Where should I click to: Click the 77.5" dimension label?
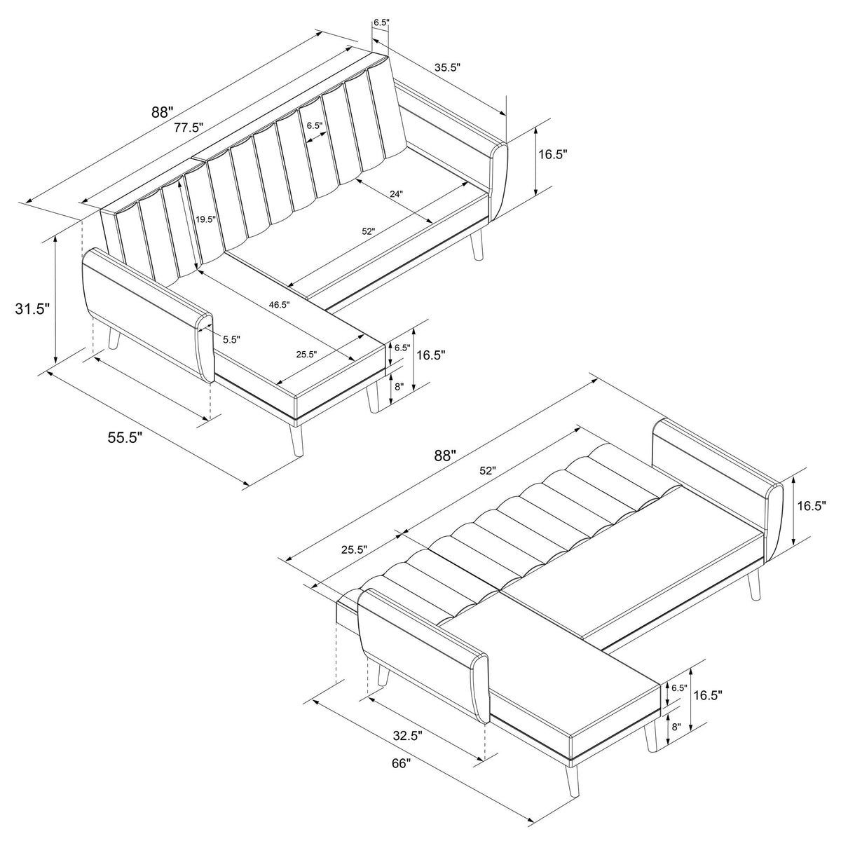coord(189,128)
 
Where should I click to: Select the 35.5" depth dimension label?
coord(447,67)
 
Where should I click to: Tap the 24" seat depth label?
coord(396,193)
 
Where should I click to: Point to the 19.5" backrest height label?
coord(205,219)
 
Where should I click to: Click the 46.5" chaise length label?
coord(280,305)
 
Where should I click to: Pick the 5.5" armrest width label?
coord(231,339)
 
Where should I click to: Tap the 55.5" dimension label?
coord(125,438)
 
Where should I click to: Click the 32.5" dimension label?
coord(408,736)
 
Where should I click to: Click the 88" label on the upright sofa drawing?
coord(163,112)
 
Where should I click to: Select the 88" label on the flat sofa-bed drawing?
coord(445,456)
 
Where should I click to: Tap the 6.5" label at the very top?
coord(381,22)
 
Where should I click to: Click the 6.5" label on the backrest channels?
coord(314,125)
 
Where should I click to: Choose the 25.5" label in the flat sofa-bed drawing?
coord(355,549)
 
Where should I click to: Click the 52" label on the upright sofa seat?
coord(368,231)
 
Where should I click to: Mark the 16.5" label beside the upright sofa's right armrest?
coord(552,154)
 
